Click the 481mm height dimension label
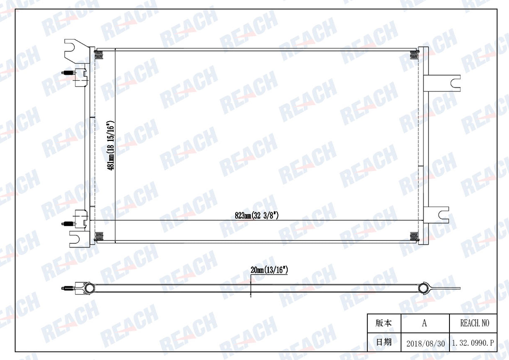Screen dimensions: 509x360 tap(111, 146)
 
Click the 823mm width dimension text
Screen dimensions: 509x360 tap(257, 215)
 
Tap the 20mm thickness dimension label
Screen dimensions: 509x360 tap(269, 270)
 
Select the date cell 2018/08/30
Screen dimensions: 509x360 tap(426, 343)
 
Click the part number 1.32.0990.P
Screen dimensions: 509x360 tap(473, 343)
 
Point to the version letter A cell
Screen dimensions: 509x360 tap(424, 323)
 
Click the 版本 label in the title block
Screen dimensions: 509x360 tap(384, 323)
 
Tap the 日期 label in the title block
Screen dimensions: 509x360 tap(384, 342)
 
